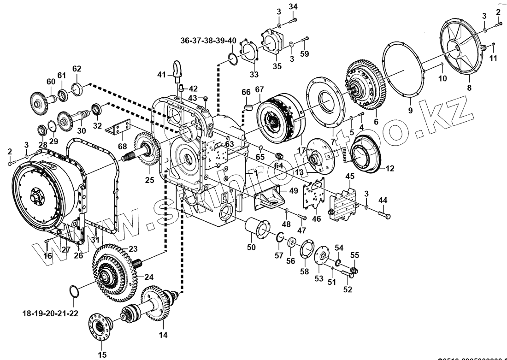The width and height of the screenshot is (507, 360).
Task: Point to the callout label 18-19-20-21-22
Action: [50, 313]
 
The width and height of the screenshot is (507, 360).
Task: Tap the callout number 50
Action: [251, 248]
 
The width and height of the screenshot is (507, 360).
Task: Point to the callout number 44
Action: [383, 200]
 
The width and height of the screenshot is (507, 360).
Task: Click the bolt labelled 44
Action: [384, 214]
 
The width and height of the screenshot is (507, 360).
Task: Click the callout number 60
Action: [51, 82]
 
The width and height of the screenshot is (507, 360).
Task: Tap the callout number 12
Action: [390, 169]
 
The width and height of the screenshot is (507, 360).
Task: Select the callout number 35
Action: [277, 65]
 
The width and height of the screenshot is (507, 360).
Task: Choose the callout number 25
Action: [150, 180]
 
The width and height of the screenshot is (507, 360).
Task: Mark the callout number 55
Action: [354, 255]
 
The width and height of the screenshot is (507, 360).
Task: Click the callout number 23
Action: [133, 249]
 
